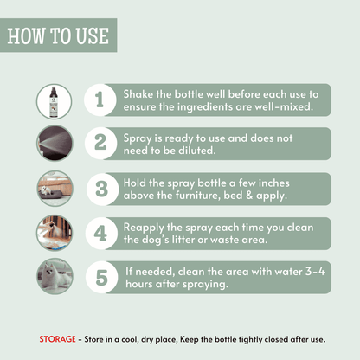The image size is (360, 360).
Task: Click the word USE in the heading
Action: (93, 36)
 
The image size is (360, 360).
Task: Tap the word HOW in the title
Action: (26, 36)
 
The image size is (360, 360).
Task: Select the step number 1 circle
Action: (100, 100)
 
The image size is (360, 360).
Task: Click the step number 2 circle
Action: (100, 144)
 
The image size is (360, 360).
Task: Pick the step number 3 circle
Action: (102, 189)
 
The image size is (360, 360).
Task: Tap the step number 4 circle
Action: (101, 234)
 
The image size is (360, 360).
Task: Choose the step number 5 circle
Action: (102, 278)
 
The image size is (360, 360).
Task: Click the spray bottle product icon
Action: (54, 101)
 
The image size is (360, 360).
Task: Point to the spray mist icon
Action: (55, 143)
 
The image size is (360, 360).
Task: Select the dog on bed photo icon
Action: (55, 189)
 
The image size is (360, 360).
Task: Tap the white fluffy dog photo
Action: (55, 276)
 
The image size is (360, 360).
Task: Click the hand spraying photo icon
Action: (55, 233)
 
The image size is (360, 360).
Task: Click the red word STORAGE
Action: (57, 339)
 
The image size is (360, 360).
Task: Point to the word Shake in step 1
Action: (138, 94)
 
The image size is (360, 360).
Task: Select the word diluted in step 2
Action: (197, 151)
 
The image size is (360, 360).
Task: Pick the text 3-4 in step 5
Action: (315, 272)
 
